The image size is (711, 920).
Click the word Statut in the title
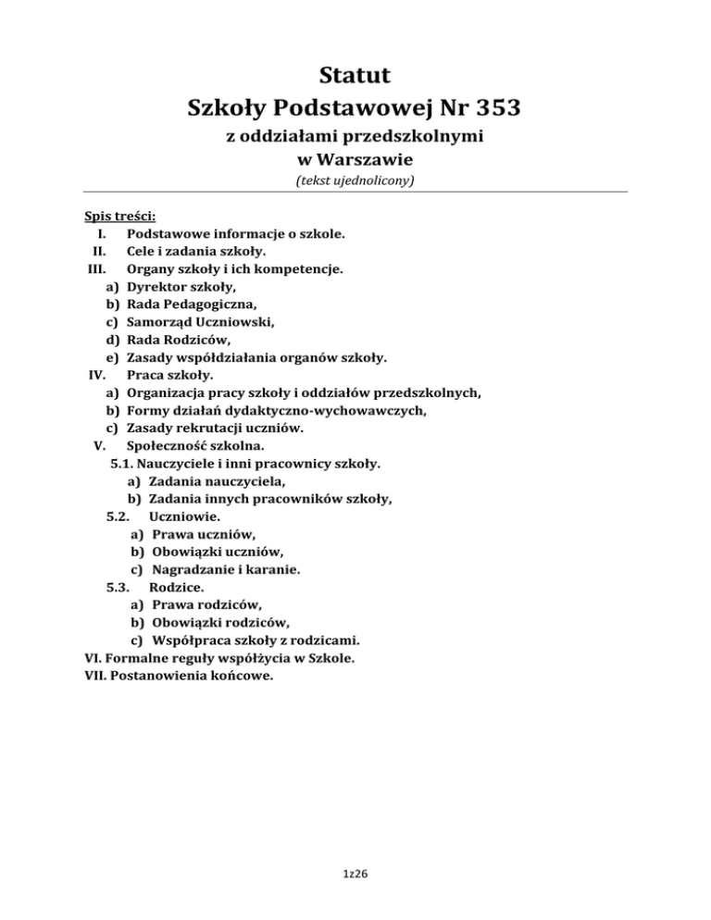(x=355, y=72)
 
